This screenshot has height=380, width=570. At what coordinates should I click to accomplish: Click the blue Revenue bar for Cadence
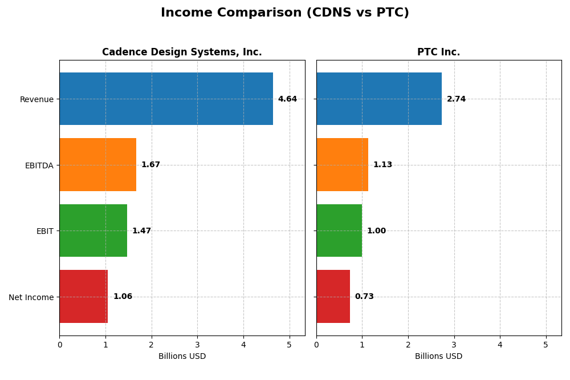click(166, 99)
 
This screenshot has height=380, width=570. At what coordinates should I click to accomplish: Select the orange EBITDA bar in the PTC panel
click(342, 165)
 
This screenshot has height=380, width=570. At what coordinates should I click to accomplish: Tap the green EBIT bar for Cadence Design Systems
click(93, 231)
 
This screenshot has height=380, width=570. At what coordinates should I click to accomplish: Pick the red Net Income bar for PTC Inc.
click(333, 297)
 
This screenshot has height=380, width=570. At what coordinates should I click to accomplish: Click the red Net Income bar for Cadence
click(84, 297)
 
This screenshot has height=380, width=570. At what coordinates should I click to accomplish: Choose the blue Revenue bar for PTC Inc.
click(379, 99)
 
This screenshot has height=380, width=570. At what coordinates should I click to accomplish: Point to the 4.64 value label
click(287, 99)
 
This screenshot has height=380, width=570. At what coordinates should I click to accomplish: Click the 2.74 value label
click(456, 99)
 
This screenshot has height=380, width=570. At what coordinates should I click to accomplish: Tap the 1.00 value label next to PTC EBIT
click(376, 231)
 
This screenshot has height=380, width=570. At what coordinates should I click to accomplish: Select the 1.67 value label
click(150, 165)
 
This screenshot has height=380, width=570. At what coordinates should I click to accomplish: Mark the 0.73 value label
click(364, 297)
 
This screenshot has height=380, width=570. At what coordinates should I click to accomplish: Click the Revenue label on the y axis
click(36, 99)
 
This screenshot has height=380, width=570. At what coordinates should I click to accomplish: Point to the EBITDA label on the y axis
click(39, 165)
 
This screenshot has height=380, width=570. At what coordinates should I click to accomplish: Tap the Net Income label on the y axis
click(31, 297)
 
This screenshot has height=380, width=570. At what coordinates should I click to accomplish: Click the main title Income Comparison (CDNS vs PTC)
click(285, 13)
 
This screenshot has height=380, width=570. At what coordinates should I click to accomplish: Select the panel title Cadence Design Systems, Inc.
click(182, 52)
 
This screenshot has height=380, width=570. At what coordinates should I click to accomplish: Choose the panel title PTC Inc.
click(438, 52)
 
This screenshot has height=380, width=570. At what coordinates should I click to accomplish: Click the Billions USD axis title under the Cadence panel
click(182, 357)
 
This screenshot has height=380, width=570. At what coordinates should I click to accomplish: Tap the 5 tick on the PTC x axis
click(545, 345)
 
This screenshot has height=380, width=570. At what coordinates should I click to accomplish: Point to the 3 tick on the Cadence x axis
click(197, 345)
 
